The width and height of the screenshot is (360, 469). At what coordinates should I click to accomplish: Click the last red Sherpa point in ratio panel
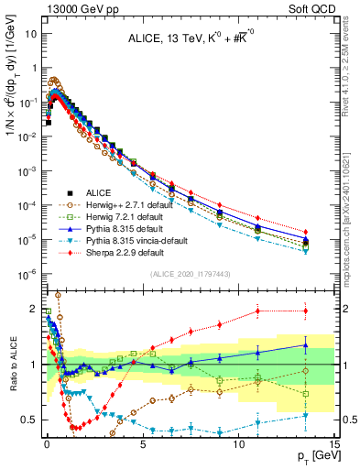(305, 311)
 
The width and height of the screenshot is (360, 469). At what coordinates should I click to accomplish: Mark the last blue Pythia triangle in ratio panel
(305, 345)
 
